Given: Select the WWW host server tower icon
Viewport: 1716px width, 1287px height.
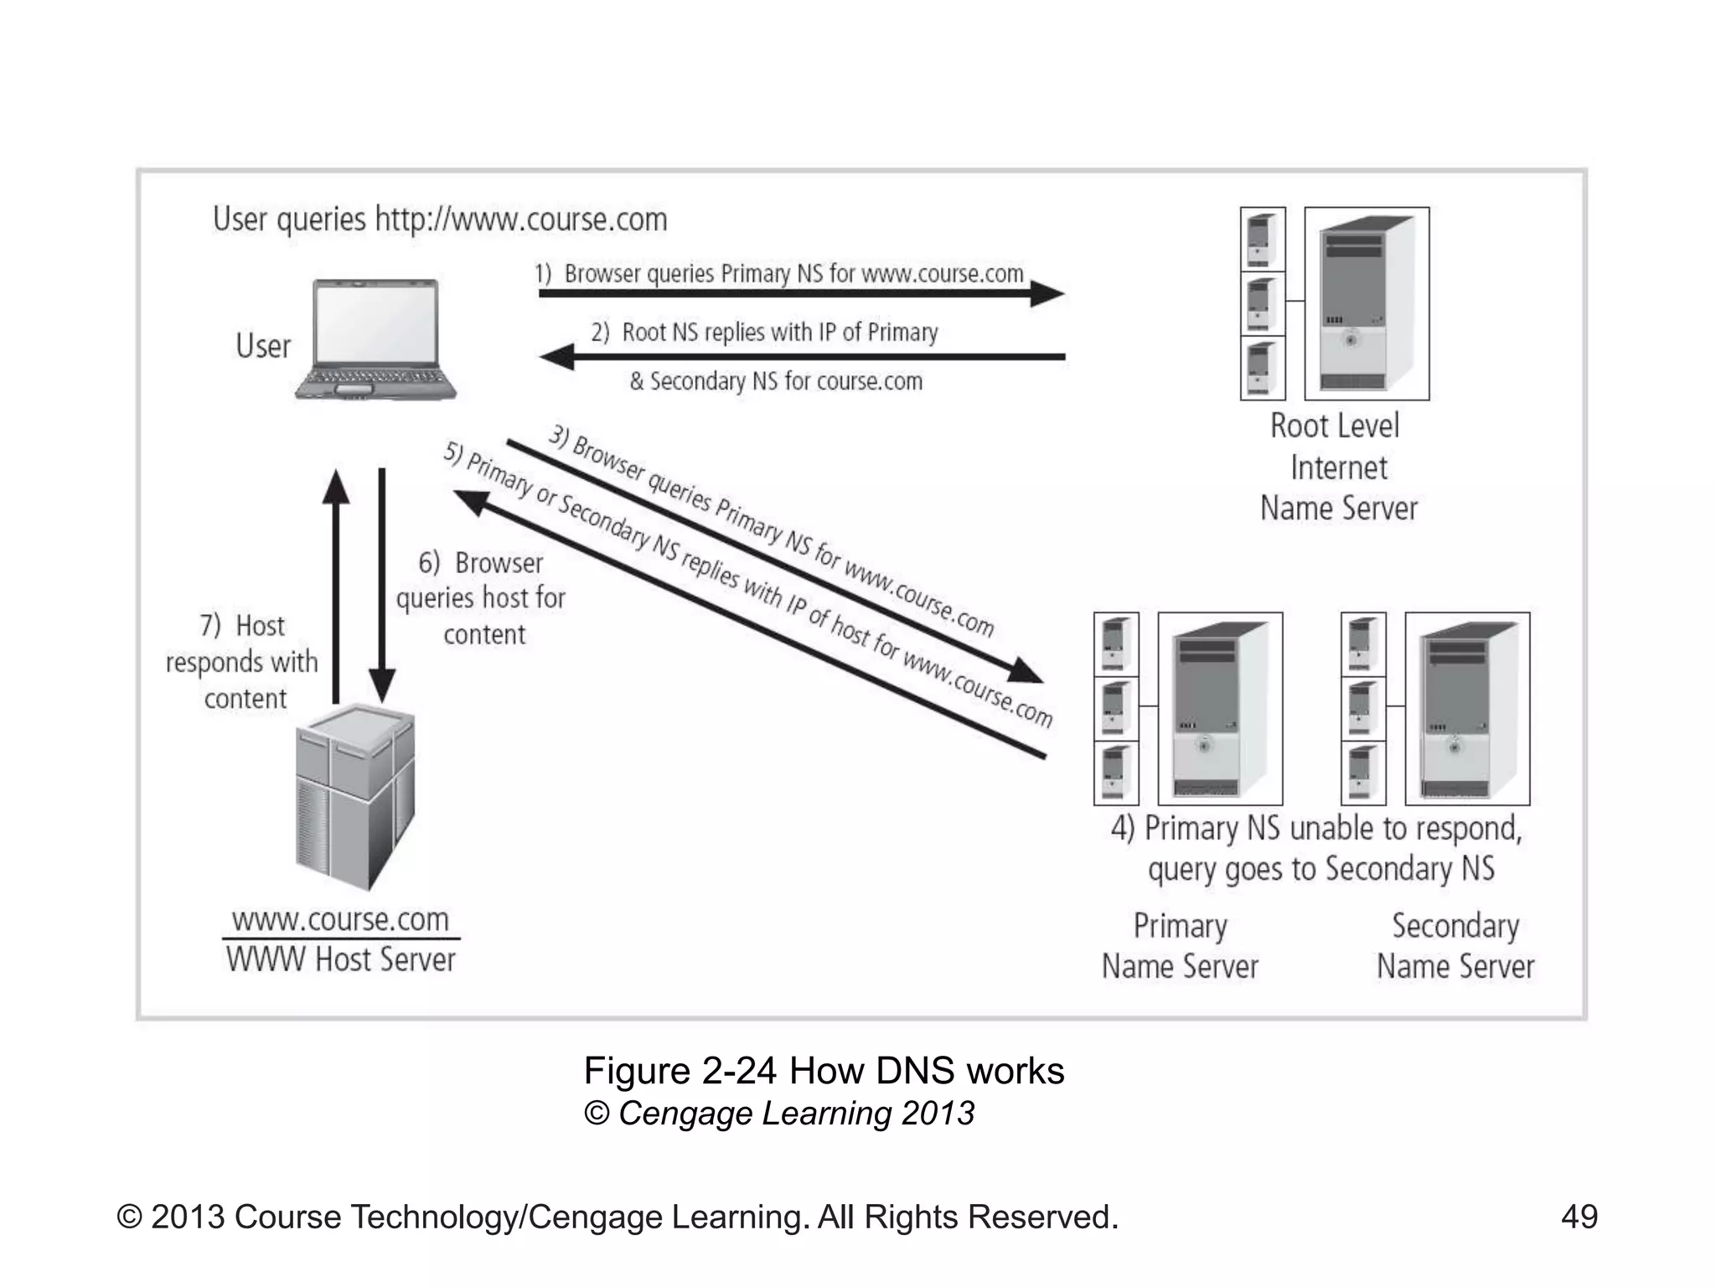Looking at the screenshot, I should click(x=355, y=796).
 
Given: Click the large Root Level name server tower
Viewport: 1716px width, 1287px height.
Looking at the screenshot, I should click(x=1367, y=303).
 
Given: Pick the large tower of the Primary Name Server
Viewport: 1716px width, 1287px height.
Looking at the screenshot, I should click(x=1220, y=709).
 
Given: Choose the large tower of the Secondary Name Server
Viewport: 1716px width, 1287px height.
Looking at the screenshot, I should click(x=1467, y=709).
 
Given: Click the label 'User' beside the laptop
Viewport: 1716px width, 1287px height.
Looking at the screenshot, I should click(x=262, y=346).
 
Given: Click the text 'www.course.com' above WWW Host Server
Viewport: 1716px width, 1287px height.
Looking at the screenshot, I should click(x=340, y=919).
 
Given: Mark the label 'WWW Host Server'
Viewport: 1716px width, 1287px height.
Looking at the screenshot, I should click(x=340, y=959).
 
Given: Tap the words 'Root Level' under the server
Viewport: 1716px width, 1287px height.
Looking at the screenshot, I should click(x=1334, y=426).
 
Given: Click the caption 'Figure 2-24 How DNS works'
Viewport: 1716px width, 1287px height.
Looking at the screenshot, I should click(x=823, y=1071).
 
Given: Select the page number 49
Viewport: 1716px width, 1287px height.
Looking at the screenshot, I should click(x=1579, y=1217).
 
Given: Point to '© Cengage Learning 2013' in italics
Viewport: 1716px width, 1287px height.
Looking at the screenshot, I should click(x=779, y=1114).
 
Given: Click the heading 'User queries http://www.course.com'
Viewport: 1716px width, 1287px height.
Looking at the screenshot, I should click(x=440, y=220).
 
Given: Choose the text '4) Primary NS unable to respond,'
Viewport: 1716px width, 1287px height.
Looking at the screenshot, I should click(x=1315, y=829).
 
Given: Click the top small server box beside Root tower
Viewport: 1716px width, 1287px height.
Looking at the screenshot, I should click(x=1262, y=239).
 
